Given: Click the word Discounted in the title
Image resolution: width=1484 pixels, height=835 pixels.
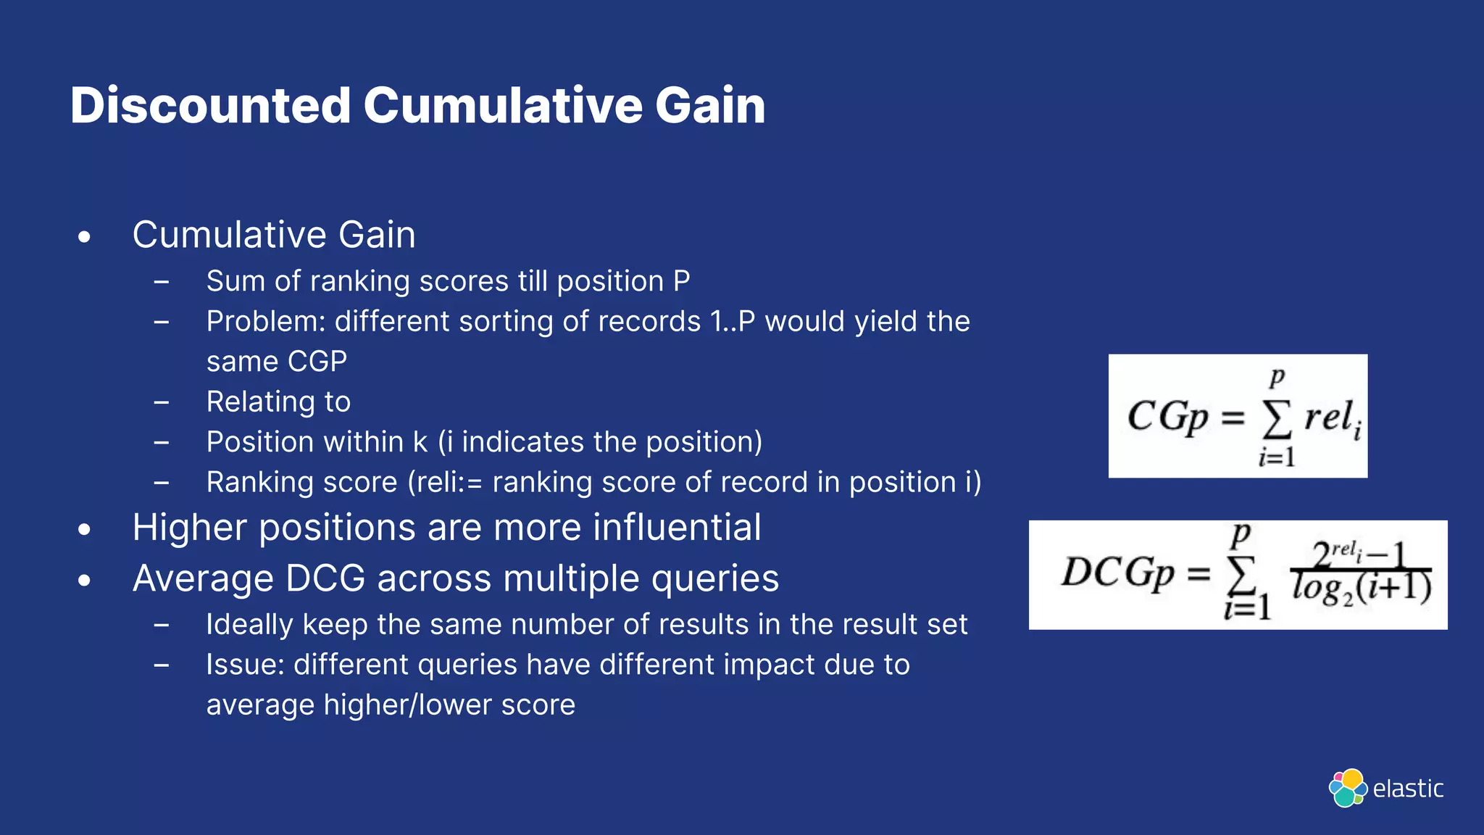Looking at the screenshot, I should [210, 106].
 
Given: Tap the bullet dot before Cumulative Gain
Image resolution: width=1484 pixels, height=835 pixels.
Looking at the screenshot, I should [85, 237].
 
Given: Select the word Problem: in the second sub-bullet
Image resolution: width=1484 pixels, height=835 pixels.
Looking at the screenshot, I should [265, 322].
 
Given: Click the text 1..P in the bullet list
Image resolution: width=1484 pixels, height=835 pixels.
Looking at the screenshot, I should [733, 322].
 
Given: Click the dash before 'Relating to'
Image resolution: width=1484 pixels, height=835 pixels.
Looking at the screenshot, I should [162, 402].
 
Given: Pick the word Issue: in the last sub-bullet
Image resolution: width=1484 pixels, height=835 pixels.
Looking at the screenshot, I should [245, 665].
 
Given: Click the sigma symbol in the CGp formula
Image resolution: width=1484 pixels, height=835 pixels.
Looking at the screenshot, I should [1277, 420].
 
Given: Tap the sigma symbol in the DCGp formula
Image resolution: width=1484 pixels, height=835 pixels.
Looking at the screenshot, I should [1241, 576].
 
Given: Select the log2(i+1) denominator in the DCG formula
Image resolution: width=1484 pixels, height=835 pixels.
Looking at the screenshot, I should [1361, 589].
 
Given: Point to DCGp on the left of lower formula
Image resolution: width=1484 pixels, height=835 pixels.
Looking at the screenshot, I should [1117, 573].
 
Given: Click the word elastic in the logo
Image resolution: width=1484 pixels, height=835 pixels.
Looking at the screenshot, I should [1408, 789].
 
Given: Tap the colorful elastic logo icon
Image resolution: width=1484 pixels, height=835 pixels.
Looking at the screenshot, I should [1348, 788].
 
